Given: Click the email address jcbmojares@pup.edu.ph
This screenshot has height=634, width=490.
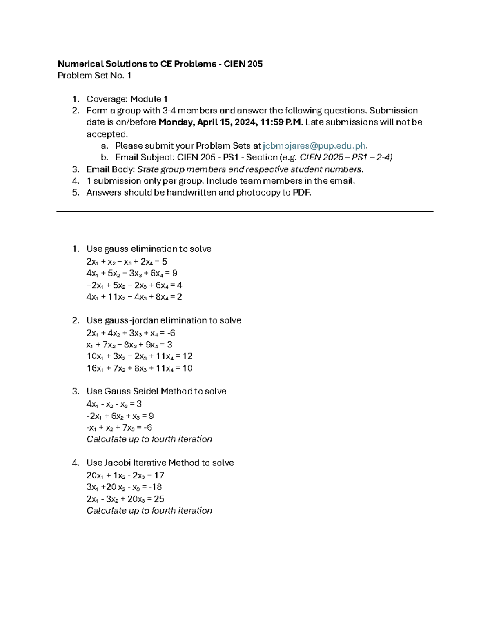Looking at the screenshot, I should (x=314, y=146).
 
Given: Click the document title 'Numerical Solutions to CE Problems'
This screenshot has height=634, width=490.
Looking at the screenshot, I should (x=137, y=64).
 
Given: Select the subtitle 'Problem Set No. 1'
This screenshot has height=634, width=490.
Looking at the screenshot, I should (x=94, y=76).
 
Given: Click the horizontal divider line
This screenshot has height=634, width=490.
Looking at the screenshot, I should (x=245, y=211).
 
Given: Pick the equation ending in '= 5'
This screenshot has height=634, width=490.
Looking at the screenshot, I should (x=127, y=262).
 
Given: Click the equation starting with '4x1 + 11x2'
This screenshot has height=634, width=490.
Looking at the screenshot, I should (x=134, y=297).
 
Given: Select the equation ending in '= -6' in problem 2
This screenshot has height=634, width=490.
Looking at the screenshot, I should (x=131, y=333).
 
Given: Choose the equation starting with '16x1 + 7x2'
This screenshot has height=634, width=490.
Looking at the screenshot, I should (x=139, y=368).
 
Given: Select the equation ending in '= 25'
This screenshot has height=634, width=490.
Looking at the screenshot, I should (x=125, y=499).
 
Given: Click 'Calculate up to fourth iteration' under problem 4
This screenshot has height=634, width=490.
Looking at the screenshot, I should (x=149, y=511).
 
